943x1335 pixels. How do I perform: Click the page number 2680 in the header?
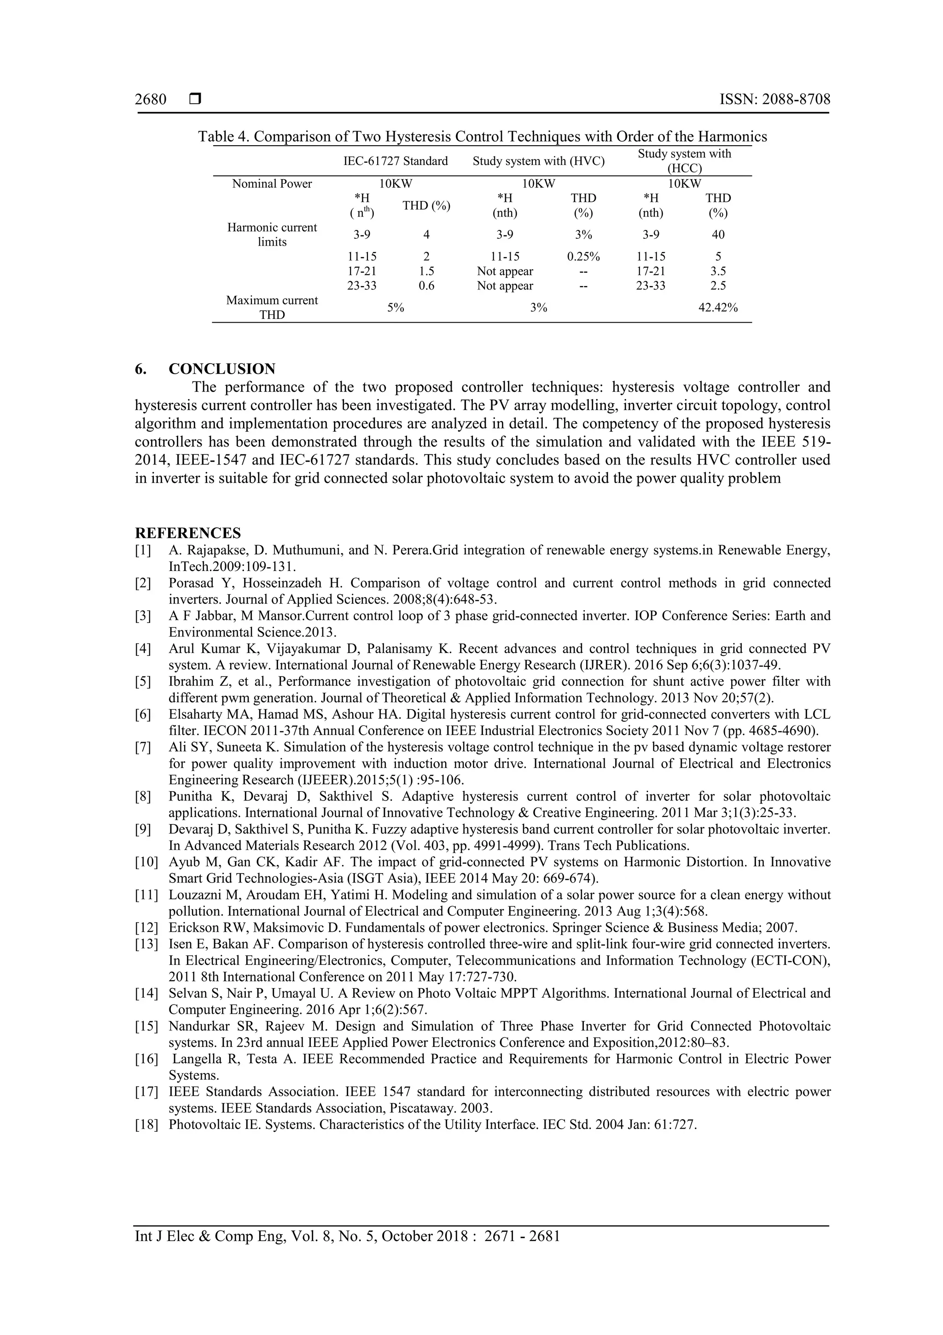click(x=151, y=100)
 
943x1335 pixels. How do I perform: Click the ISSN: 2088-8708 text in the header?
click(x=774, y=100)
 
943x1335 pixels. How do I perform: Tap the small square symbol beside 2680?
click(x=195, y=100)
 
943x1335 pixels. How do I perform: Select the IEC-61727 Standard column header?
click(x=395, y=161)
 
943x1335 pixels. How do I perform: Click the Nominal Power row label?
click(x=272, y=184)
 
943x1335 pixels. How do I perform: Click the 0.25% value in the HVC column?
click(x=583, y=256)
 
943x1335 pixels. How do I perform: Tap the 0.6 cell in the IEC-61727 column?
click(x=426, y=286)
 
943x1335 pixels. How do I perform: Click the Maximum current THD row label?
click(x=272, y=307)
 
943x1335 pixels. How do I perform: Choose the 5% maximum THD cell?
click(x=396, y=307)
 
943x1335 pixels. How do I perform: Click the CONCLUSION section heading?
click(x=222, y=369)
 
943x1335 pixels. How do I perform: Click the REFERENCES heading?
click(x=188, y=533)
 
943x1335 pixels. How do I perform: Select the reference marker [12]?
click(x=146, y=928)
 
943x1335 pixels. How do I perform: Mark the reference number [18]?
click(x=146, y=1124)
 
